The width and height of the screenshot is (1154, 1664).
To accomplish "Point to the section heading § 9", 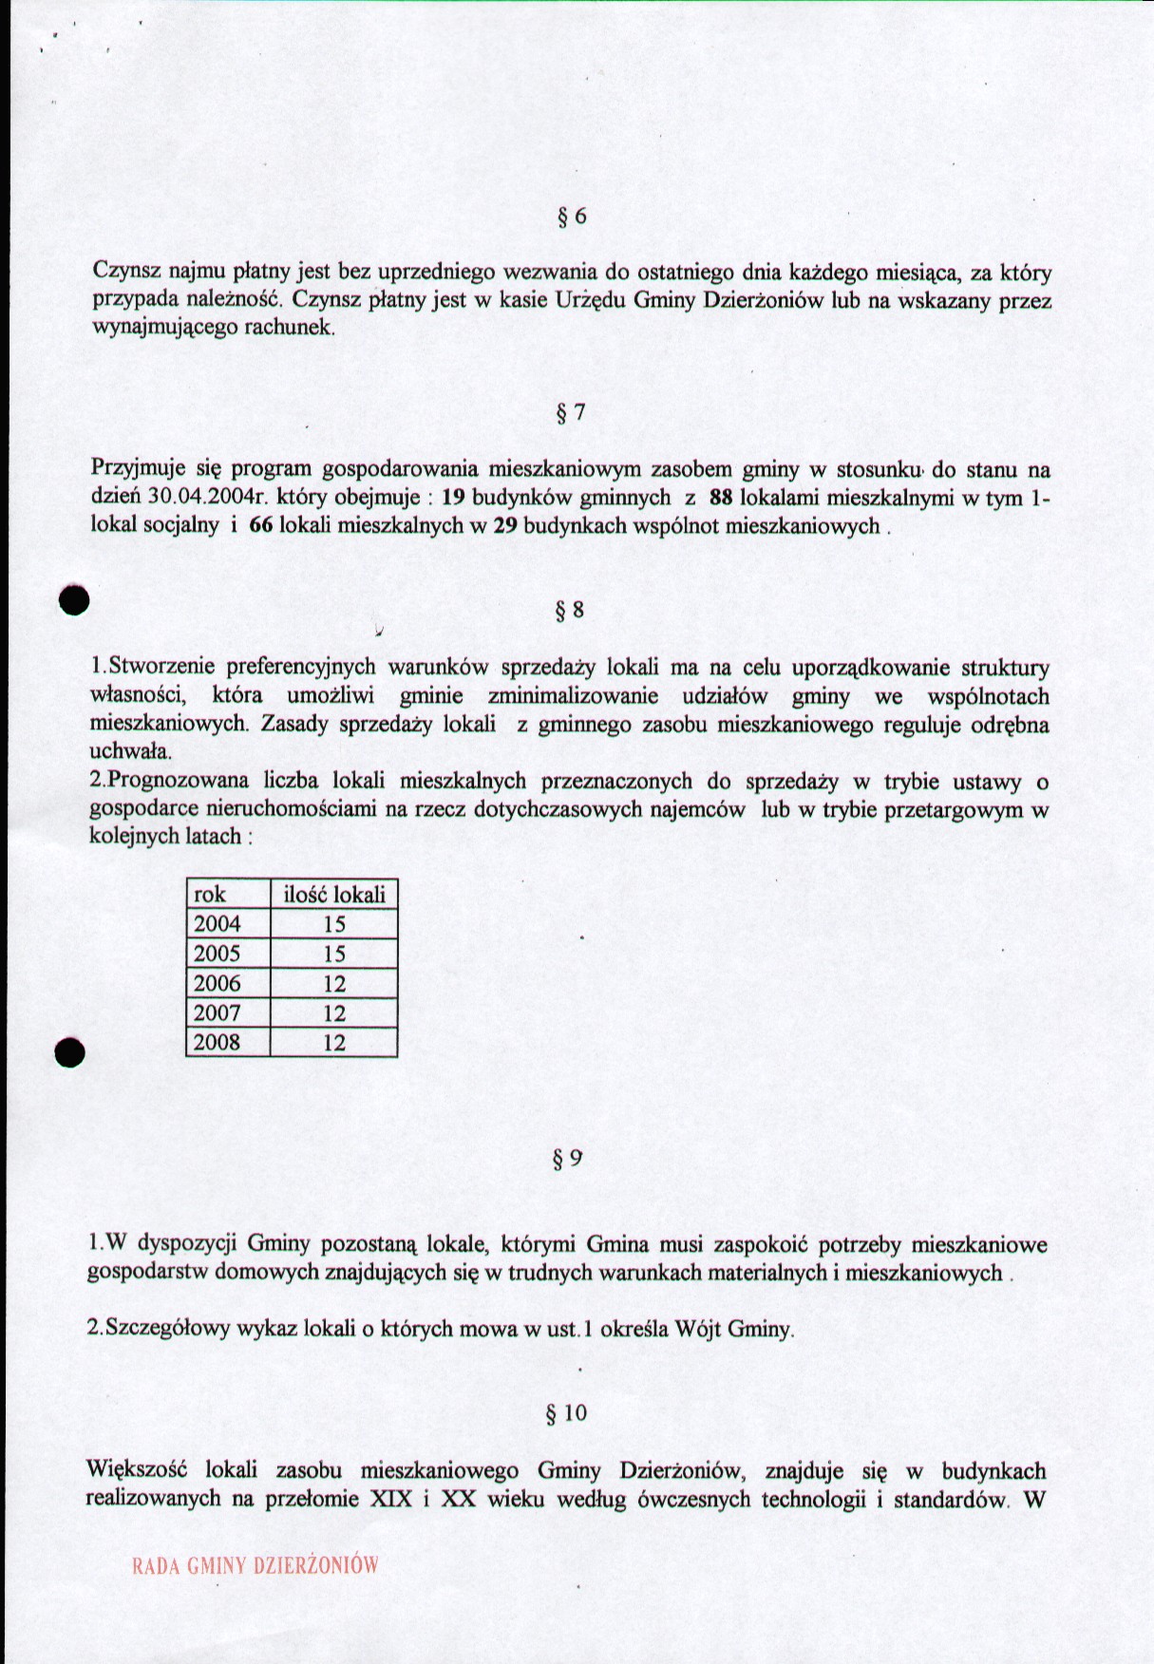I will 568,1158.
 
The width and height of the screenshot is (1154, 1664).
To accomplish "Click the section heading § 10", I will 567,1413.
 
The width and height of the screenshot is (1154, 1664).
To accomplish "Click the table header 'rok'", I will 210,895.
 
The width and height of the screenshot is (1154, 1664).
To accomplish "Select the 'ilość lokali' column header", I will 334,895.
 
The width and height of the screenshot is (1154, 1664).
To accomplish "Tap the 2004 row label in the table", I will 218,924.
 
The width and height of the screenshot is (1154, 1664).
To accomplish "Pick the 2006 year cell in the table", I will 218,983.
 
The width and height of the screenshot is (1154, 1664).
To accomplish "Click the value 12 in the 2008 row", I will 334,1043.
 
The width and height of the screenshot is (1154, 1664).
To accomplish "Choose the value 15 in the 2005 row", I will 334,954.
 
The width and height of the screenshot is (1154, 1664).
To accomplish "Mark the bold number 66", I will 260,525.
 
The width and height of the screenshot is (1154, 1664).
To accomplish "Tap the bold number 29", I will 504,525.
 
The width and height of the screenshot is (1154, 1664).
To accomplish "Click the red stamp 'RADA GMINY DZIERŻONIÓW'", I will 255,1566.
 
